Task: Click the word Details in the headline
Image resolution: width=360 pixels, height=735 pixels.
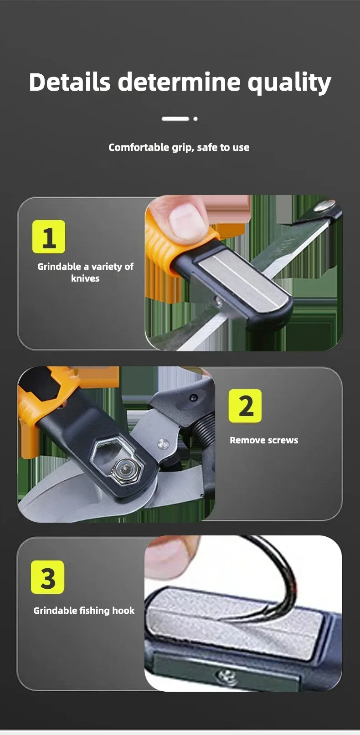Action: click(70, 82)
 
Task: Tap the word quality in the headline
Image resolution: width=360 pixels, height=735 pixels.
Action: click(289, 83)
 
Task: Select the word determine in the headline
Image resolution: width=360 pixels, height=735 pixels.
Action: click(179, 82)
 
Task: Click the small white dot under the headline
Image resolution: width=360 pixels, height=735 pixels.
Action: click(195, 119)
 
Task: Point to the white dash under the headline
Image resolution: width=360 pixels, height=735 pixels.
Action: click(175, 119)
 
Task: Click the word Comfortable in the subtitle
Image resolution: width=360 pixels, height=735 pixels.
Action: click(139, 147)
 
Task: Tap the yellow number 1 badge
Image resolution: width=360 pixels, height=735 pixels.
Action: click(49, 236)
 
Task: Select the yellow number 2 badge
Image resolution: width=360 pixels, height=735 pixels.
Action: click(245, 406)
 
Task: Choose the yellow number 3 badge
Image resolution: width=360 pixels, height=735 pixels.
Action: click(47, 577)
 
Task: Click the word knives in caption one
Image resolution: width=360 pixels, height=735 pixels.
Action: click(85, 278)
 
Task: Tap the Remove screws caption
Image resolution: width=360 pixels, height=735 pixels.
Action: click(264, 440)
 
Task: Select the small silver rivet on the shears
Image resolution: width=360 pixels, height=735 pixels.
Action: click(163, 444)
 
